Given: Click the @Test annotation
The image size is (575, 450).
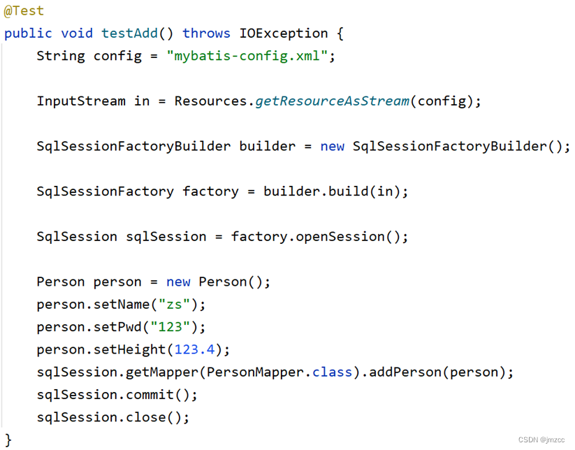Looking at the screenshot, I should (x=24, y=10).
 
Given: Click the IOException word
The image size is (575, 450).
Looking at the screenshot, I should (x=284, y=33).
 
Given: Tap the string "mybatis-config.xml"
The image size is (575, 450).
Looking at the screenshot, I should (x=247, y=56).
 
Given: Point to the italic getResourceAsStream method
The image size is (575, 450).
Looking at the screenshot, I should (x=333, y=101).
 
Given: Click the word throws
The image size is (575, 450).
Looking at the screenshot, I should (x=206, y=33).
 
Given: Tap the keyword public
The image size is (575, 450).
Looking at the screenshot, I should (x=28, y=33).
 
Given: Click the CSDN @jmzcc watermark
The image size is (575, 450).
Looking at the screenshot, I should (x=541, y=440).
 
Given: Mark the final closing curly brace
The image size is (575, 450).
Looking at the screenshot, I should (x=8, y=439).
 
